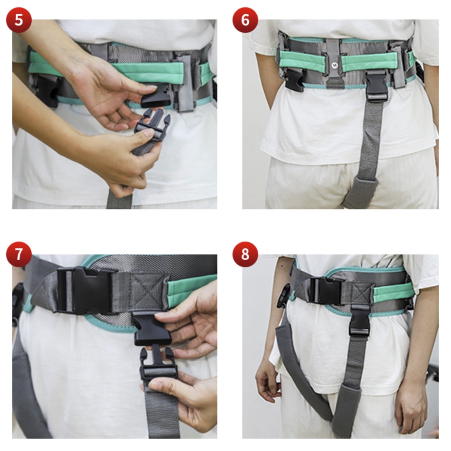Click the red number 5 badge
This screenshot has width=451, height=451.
[x=18, y=20]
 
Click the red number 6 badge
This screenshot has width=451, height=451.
[x=245, y=20]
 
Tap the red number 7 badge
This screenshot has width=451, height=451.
[x=18, y=255]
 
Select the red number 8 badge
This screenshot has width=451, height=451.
[x=245, y=255]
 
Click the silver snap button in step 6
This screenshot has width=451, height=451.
[x=334, y=66]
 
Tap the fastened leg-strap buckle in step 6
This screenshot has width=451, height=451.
[x=376, y=87]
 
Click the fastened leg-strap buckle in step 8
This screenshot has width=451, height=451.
[x=359, y=320]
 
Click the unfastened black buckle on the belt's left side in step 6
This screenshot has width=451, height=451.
[x=294, y=80]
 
